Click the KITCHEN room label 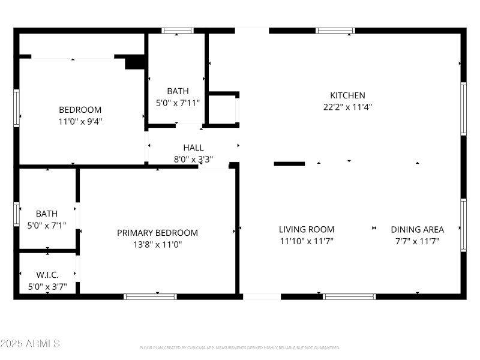click(347, 95)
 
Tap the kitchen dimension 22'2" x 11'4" click(347, 107)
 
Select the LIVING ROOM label click(307, 229)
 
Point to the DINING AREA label click(417, 229)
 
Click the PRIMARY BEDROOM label click(157, 233)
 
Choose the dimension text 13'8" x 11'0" click(157, 245)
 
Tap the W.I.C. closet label click(47, 275)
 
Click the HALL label click(193, 147)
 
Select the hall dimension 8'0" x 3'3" click(193, 160)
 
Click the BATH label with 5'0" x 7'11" click(178, 91)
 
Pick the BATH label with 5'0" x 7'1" click(47, 214)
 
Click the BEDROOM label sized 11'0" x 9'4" click(80, 110)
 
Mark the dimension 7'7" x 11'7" click(417, 241)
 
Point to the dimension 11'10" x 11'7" click(307, 241)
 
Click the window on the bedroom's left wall click(17, 109)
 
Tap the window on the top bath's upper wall click(178, 31)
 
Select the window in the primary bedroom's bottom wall click(150, 296)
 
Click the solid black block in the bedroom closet click(135, 62)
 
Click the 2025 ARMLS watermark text click(30, 344)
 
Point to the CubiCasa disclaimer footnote click(240, 347)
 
